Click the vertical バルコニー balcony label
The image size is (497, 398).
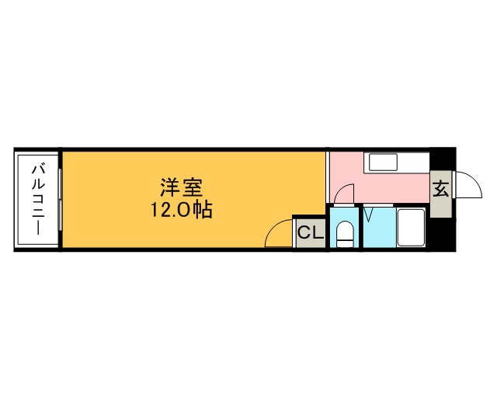click(36, 199)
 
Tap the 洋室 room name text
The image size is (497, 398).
click(182, 187)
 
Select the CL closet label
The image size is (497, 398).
click(310, 232)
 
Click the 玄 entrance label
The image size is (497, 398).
click(440, 189)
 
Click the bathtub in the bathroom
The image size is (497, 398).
click(411, 227)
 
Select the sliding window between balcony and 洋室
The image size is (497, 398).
click(60, 199)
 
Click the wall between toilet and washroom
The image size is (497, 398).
click(360, 227)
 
